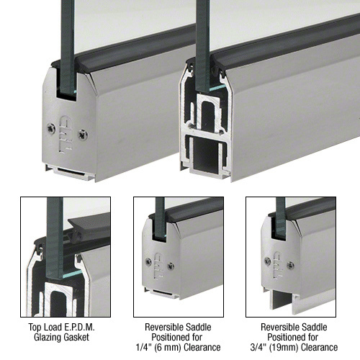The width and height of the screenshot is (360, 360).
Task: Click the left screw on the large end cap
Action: (x=51, y=129)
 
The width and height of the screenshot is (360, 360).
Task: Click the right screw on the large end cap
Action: (x=83, y=135)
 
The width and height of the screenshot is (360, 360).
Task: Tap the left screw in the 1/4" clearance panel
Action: (x=148, y=261)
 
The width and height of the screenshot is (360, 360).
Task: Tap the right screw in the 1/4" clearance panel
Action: (x=171, y=266)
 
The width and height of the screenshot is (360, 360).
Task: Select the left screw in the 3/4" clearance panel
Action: (x=268, y=261)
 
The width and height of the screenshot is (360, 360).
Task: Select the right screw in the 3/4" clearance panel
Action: (x=291, y=265)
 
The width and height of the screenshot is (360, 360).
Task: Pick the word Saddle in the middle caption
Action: (x=198, y=327)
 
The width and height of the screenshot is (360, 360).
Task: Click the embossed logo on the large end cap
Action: (x=66, y=134)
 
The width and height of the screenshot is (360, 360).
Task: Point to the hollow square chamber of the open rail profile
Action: (x=207, y=155)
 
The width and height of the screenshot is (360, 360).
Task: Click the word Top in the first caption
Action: (x=34, y=328)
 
